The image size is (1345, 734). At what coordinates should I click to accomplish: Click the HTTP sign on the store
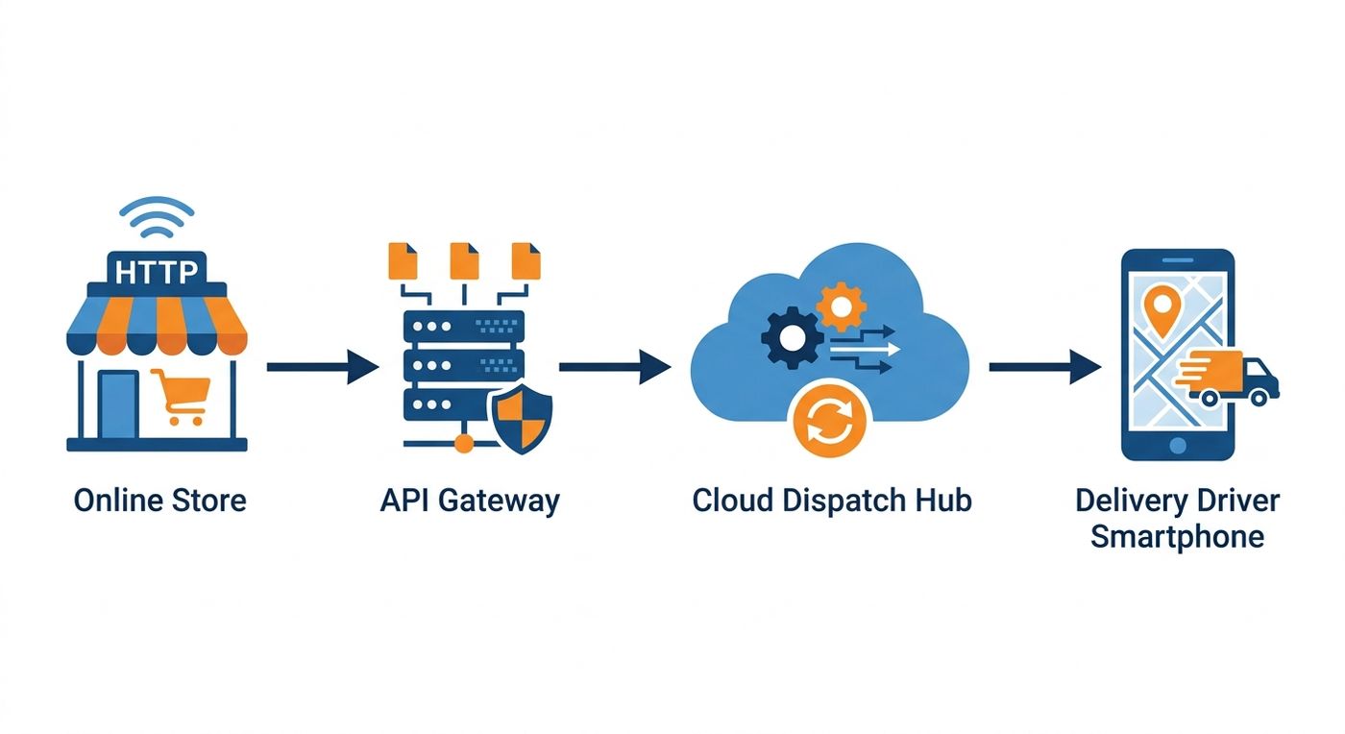[x=157, y=270]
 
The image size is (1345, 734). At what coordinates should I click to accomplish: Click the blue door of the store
[x=118, y=404]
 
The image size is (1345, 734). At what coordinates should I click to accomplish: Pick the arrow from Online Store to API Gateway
[x=323, y=366]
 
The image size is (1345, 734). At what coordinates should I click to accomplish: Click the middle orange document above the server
[x=464, y=260]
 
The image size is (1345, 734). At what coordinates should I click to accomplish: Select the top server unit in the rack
[x=463, y=326]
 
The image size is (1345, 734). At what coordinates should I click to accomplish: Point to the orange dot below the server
[x=463, y=444]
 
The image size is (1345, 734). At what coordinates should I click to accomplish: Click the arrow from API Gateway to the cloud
[x=615, y=366]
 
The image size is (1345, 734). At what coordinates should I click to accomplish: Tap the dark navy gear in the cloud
[x=792, y=337]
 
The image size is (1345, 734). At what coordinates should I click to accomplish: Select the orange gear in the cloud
[x=841, y=306]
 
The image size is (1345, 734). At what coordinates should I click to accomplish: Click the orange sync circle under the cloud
[x=829, y=419]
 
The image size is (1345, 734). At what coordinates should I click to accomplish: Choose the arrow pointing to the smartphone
[x=1045, y=366]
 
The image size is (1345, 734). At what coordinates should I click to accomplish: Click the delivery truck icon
[x=1228, y=379]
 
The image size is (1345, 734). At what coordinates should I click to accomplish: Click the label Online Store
[x=159, y=501]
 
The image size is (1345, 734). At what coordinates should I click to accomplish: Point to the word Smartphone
[x=1178, y=537]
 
